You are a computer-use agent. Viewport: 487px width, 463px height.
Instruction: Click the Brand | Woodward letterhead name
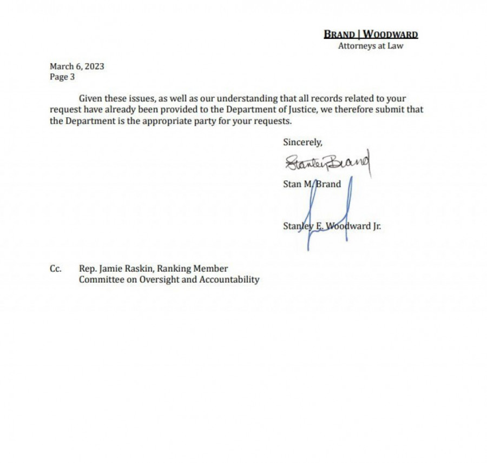point(371,35)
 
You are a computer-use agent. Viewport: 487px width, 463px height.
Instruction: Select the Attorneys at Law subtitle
point(371,46)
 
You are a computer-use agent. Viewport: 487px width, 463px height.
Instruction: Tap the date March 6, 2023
point(77,66)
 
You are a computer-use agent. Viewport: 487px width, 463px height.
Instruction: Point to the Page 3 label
point(62,77)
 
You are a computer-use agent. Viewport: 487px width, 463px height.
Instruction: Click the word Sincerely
point(302,142)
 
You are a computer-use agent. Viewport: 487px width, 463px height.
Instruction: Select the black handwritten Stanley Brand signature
point(327,161)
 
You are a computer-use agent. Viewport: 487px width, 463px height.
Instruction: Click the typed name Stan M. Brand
point(312,184)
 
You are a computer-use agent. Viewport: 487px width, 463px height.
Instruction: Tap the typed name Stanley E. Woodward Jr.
point(332,226)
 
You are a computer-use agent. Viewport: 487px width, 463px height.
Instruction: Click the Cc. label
point(55,269)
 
